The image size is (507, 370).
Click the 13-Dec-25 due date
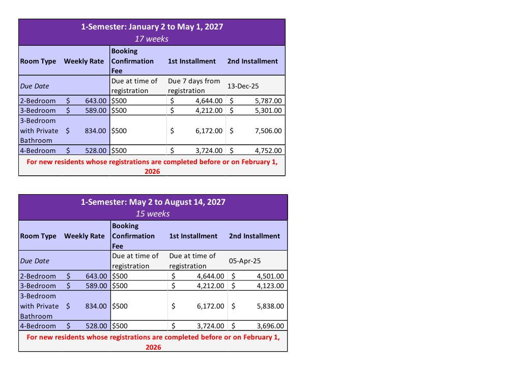click(243, 86)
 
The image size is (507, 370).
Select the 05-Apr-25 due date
click(245, 261)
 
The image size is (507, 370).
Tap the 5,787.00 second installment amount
click(268, 101)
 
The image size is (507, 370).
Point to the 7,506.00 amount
click(268, 131)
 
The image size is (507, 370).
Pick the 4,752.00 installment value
click(268, 150)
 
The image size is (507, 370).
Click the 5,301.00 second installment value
click(268, 110)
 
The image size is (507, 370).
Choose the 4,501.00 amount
click(270, 276)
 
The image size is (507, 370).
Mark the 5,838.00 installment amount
click(270, 306)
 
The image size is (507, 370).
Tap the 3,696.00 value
click(270, 326)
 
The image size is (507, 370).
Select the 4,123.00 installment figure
click(270, 286)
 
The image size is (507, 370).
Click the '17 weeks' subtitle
click(152, 39)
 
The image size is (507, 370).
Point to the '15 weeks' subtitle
click(153, 213)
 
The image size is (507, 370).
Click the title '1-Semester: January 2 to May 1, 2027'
click(152, 27)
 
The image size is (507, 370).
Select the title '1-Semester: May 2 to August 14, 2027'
click(153, 202)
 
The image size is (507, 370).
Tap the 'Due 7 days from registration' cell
click(194, 86)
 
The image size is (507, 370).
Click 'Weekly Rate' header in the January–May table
click(84, 61)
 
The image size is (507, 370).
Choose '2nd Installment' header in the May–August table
click(255, 236)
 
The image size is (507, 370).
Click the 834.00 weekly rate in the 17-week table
click(95, 131)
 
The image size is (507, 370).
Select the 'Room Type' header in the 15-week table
click(38, 236)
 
